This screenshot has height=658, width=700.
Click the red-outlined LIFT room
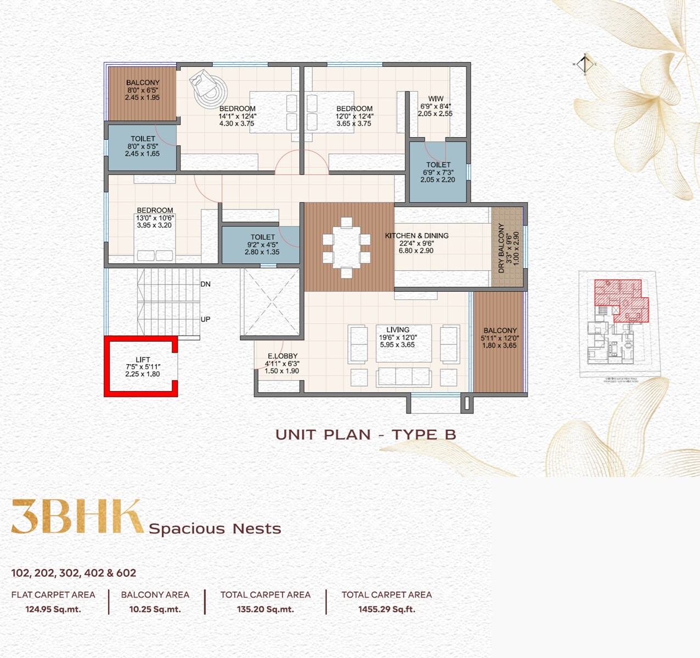click(141, 366)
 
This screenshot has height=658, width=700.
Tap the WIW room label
click(436, 99)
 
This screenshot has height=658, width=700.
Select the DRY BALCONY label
click(501, 248)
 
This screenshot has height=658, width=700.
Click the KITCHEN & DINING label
click(417, 236)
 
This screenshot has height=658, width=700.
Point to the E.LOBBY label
click(283, 356)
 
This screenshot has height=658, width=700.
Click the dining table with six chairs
click(347, 248)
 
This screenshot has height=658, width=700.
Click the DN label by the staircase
click(205, 284)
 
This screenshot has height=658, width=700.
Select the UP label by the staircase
click(205, 319)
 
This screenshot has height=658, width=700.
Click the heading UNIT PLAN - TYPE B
click(366, 435)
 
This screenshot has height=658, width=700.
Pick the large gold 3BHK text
click(77, 517)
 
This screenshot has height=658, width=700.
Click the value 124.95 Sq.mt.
click(53, 609)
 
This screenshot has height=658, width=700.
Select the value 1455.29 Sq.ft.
click(387, 609)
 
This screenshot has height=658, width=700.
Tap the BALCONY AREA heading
click(155, 595)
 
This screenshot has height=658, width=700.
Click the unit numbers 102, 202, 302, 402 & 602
click(74, 573)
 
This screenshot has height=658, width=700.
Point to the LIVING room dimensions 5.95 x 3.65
click(397, 345)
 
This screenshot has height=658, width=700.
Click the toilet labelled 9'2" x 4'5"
click(262, 245)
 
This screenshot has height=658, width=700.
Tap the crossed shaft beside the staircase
click(271, 302)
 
